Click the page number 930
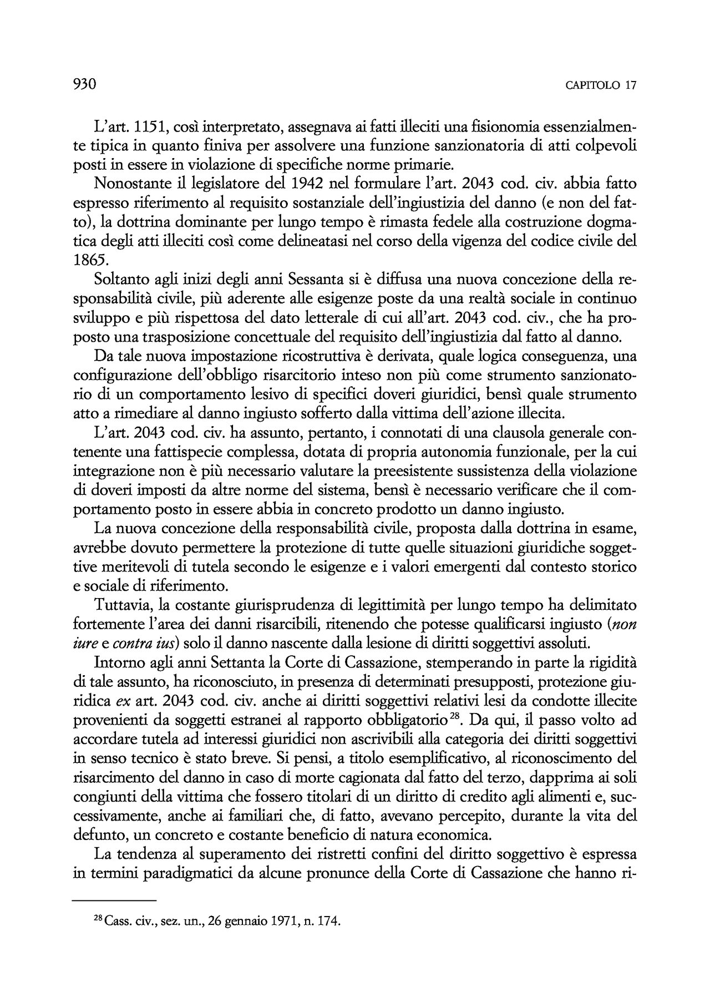coord(85,85)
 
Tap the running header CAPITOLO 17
coord(601,86)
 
